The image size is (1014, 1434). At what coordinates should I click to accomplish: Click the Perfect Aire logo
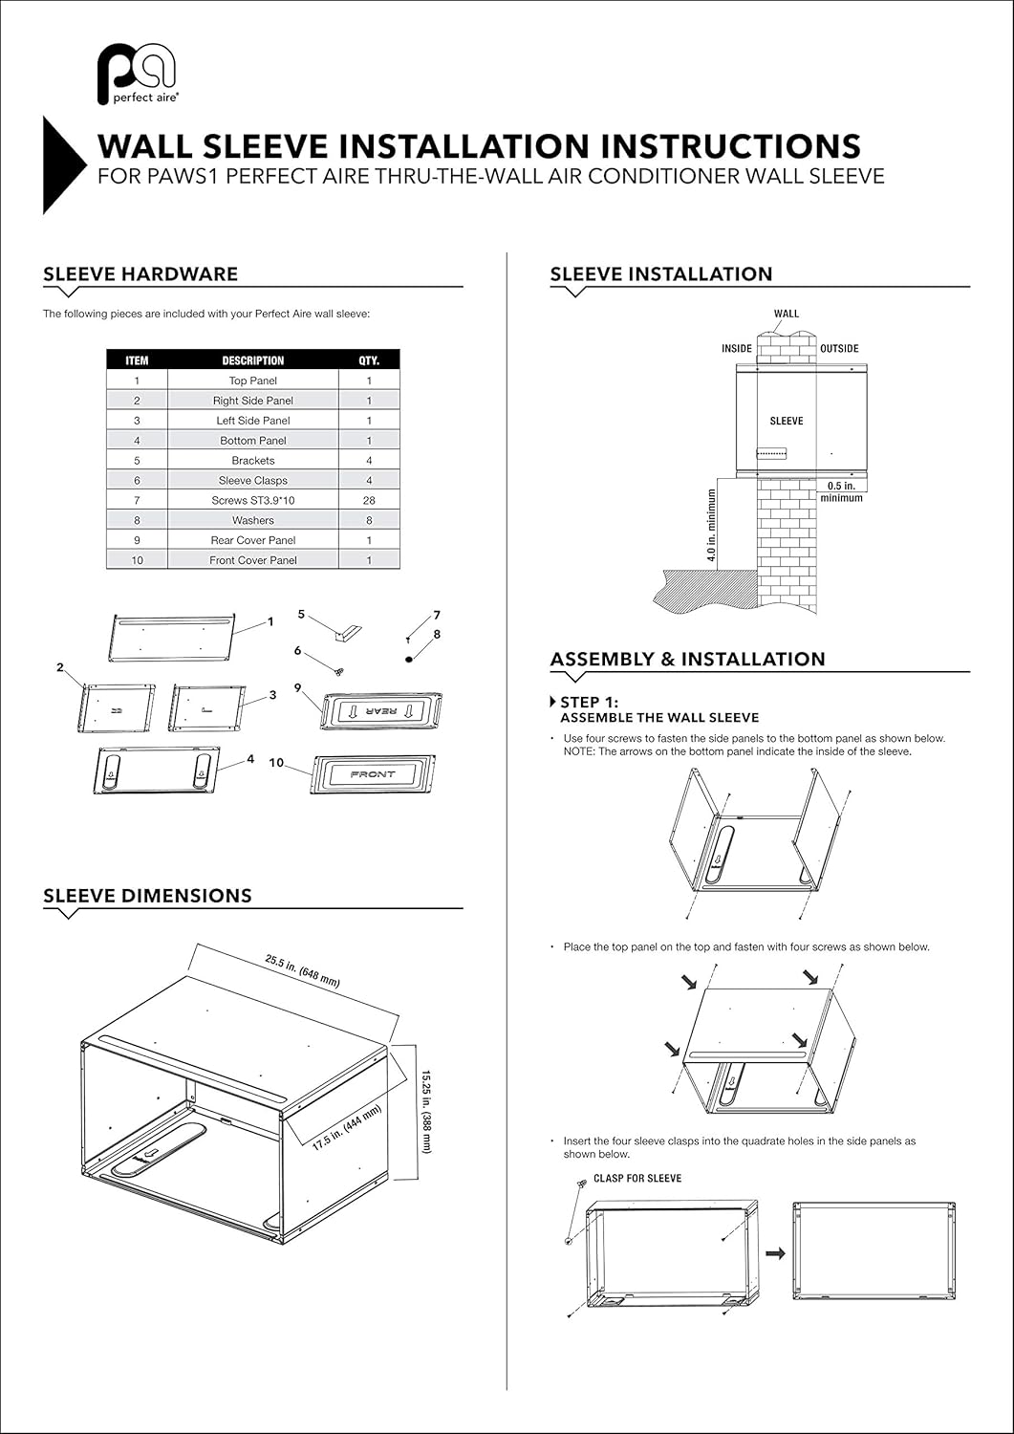coord(137,74)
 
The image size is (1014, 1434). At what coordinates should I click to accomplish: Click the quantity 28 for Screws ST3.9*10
coord(369,500)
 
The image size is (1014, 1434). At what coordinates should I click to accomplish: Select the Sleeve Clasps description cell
coord(252,480)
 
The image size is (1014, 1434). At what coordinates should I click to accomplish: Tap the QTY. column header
coord(369,360)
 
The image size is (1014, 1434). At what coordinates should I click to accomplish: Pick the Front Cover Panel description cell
coord(252,560)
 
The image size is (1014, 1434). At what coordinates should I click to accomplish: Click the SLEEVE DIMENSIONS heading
coord(147,896)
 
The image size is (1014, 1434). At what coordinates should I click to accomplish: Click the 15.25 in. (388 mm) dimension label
coord(425,1110)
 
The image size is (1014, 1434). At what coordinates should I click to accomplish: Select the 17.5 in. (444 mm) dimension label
coord(348,1127)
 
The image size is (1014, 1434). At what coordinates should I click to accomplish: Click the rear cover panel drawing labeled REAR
coord(381,711)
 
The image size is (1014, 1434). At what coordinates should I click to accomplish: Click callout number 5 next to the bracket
coord(301,615)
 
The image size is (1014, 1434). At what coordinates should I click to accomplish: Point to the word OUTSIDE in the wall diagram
coord(839,349)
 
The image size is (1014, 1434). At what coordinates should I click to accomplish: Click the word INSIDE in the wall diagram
coord(736,349)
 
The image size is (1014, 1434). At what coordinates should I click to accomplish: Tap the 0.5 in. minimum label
coord(841,491)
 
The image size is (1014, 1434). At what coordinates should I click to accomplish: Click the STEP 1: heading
coord(589,703)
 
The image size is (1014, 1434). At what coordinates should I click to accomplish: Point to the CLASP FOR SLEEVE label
coord(637,1178)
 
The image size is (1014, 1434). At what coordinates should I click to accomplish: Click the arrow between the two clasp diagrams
coord(775,1252)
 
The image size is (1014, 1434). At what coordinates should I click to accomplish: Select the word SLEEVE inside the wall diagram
coord(787,421)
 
